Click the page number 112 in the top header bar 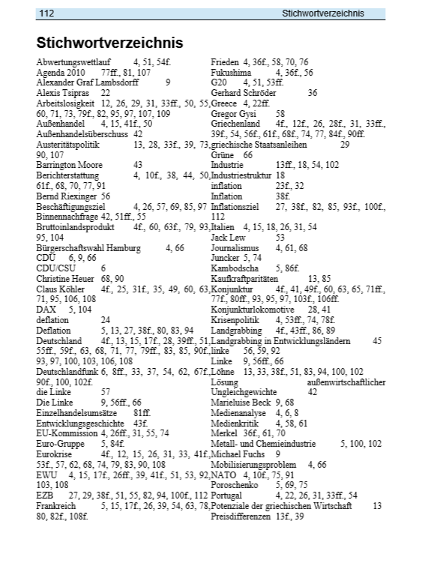46,13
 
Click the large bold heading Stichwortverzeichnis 109,43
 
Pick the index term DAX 46,307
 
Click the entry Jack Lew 230,235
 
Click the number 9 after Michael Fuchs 277,453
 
